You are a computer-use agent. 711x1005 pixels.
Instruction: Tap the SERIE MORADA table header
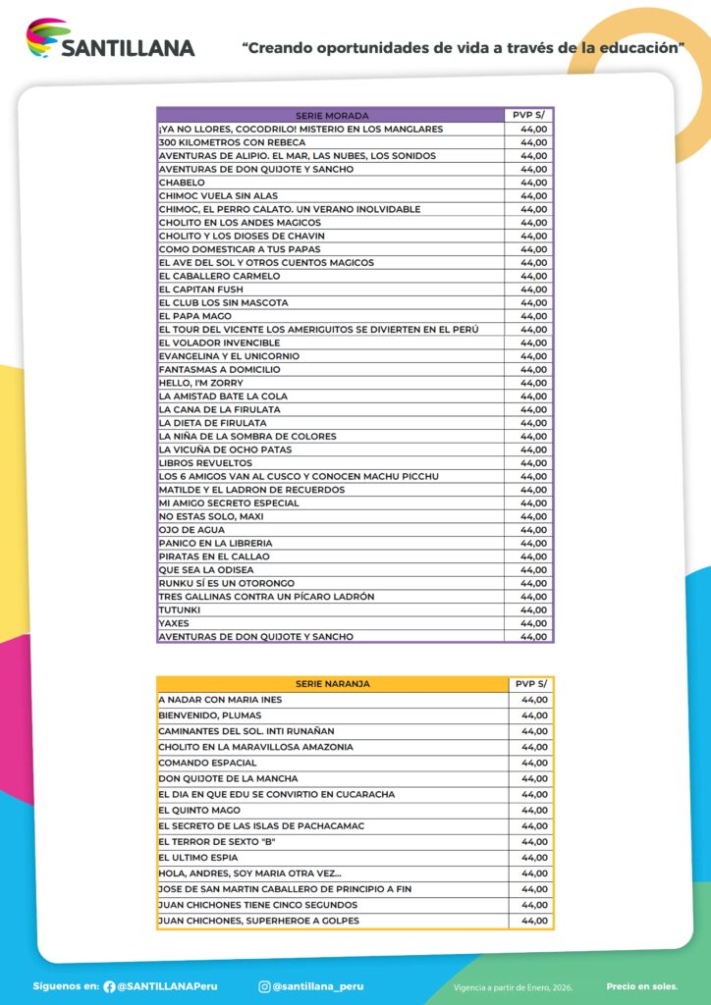pos(331,116)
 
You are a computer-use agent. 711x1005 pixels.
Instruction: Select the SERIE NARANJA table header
pos(332,684)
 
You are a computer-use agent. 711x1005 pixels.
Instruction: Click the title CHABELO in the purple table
pos(183,183)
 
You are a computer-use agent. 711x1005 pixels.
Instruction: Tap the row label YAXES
pos(174,623)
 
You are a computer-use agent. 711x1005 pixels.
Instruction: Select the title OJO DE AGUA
pos(191,530)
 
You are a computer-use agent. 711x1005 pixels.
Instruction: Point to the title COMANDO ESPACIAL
pos(207,763)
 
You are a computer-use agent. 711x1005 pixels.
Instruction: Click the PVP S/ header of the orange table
pos(531,684)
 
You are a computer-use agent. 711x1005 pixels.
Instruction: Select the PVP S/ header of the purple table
pos(529,116)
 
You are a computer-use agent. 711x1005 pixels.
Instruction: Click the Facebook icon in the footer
pos(109,986)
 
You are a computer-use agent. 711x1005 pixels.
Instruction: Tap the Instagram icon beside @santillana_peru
pos(264,986)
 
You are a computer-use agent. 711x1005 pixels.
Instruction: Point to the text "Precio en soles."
pos(641,986)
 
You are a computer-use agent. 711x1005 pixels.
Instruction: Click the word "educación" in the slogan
pos(637,46)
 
